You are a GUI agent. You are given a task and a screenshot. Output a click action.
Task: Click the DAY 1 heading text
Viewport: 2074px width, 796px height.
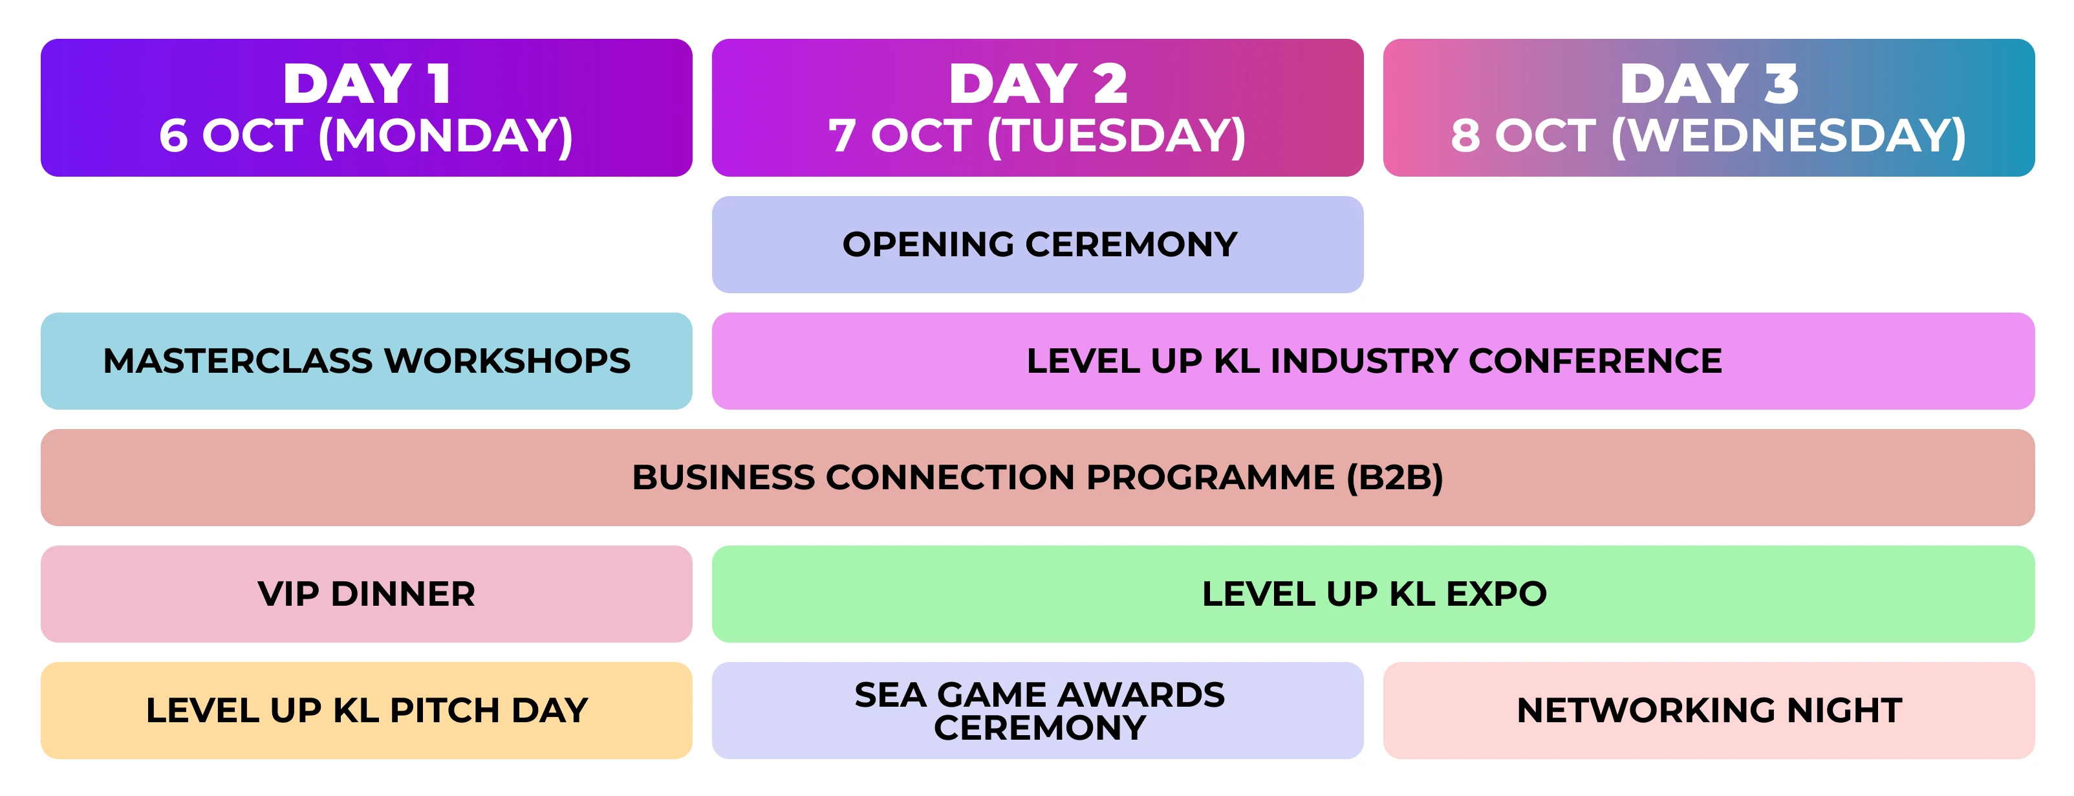click(x=366, y=83)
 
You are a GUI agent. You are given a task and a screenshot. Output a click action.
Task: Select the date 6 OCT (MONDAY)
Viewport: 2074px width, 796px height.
click(x=366, y=135)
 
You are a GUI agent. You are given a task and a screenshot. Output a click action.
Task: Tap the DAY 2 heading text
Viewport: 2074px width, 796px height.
click(x=1038, y=83)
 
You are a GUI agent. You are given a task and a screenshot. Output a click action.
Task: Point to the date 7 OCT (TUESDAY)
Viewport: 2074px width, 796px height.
click(x=1038, y=135)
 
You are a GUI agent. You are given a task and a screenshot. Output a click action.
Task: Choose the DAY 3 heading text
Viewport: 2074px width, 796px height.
click(x=1709, y=83)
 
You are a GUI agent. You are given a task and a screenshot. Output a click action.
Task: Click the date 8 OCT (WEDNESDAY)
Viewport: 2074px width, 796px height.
click(x=1709, y=135)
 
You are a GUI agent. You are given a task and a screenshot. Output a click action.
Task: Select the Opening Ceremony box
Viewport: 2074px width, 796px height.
click(x=1038, y=244)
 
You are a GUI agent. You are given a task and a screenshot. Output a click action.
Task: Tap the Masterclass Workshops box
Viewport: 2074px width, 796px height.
click(x=366, y=361)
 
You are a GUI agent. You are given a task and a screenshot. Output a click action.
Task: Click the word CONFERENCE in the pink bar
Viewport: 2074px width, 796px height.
click(x=1595, y=361)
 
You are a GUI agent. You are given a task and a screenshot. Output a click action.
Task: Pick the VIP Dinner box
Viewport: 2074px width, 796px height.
click(x=366, y=594)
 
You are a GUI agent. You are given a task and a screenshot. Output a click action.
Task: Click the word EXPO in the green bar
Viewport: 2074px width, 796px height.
click(x=1496, y=594)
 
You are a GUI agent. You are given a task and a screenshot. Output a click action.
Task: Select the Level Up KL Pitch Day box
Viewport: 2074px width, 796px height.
click(x=366, y=711)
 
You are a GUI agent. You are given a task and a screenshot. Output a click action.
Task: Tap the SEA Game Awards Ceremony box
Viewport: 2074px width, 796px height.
click(x=1038, y=711)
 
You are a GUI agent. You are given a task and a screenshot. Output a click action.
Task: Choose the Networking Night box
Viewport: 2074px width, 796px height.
click(x=1709, y=711)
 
